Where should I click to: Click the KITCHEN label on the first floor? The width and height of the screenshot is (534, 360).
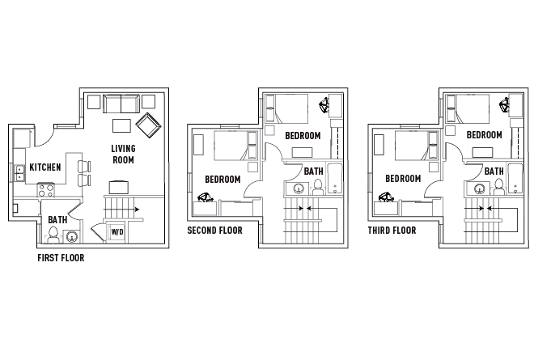click(45, 167)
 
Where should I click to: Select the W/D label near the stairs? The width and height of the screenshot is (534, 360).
click(117, 232)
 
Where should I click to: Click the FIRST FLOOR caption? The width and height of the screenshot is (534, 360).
click(61, 259)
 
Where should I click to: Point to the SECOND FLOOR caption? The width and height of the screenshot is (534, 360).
click(214, 231)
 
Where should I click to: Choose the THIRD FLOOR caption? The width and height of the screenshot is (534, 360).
click(392, 231)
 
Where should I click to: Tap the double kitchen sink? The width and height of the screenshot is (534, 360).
click(18, 172)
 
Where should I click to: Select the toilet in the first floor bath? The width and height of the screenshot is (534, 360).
click(53, 235)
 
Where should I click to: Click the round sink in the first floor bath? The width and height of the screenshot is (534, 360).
click(72, 237)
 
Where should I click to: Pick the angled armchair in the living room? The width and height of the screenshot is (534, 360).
click(149, 125)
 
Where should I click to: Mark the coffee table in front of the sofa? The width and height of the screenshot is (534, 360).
click(121, 125)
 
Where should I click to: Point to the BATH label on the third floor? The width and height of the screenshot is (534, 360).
click(494, 172)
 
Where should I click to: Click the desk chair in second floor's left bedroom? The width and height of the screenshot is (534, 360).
click(206, 196)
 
